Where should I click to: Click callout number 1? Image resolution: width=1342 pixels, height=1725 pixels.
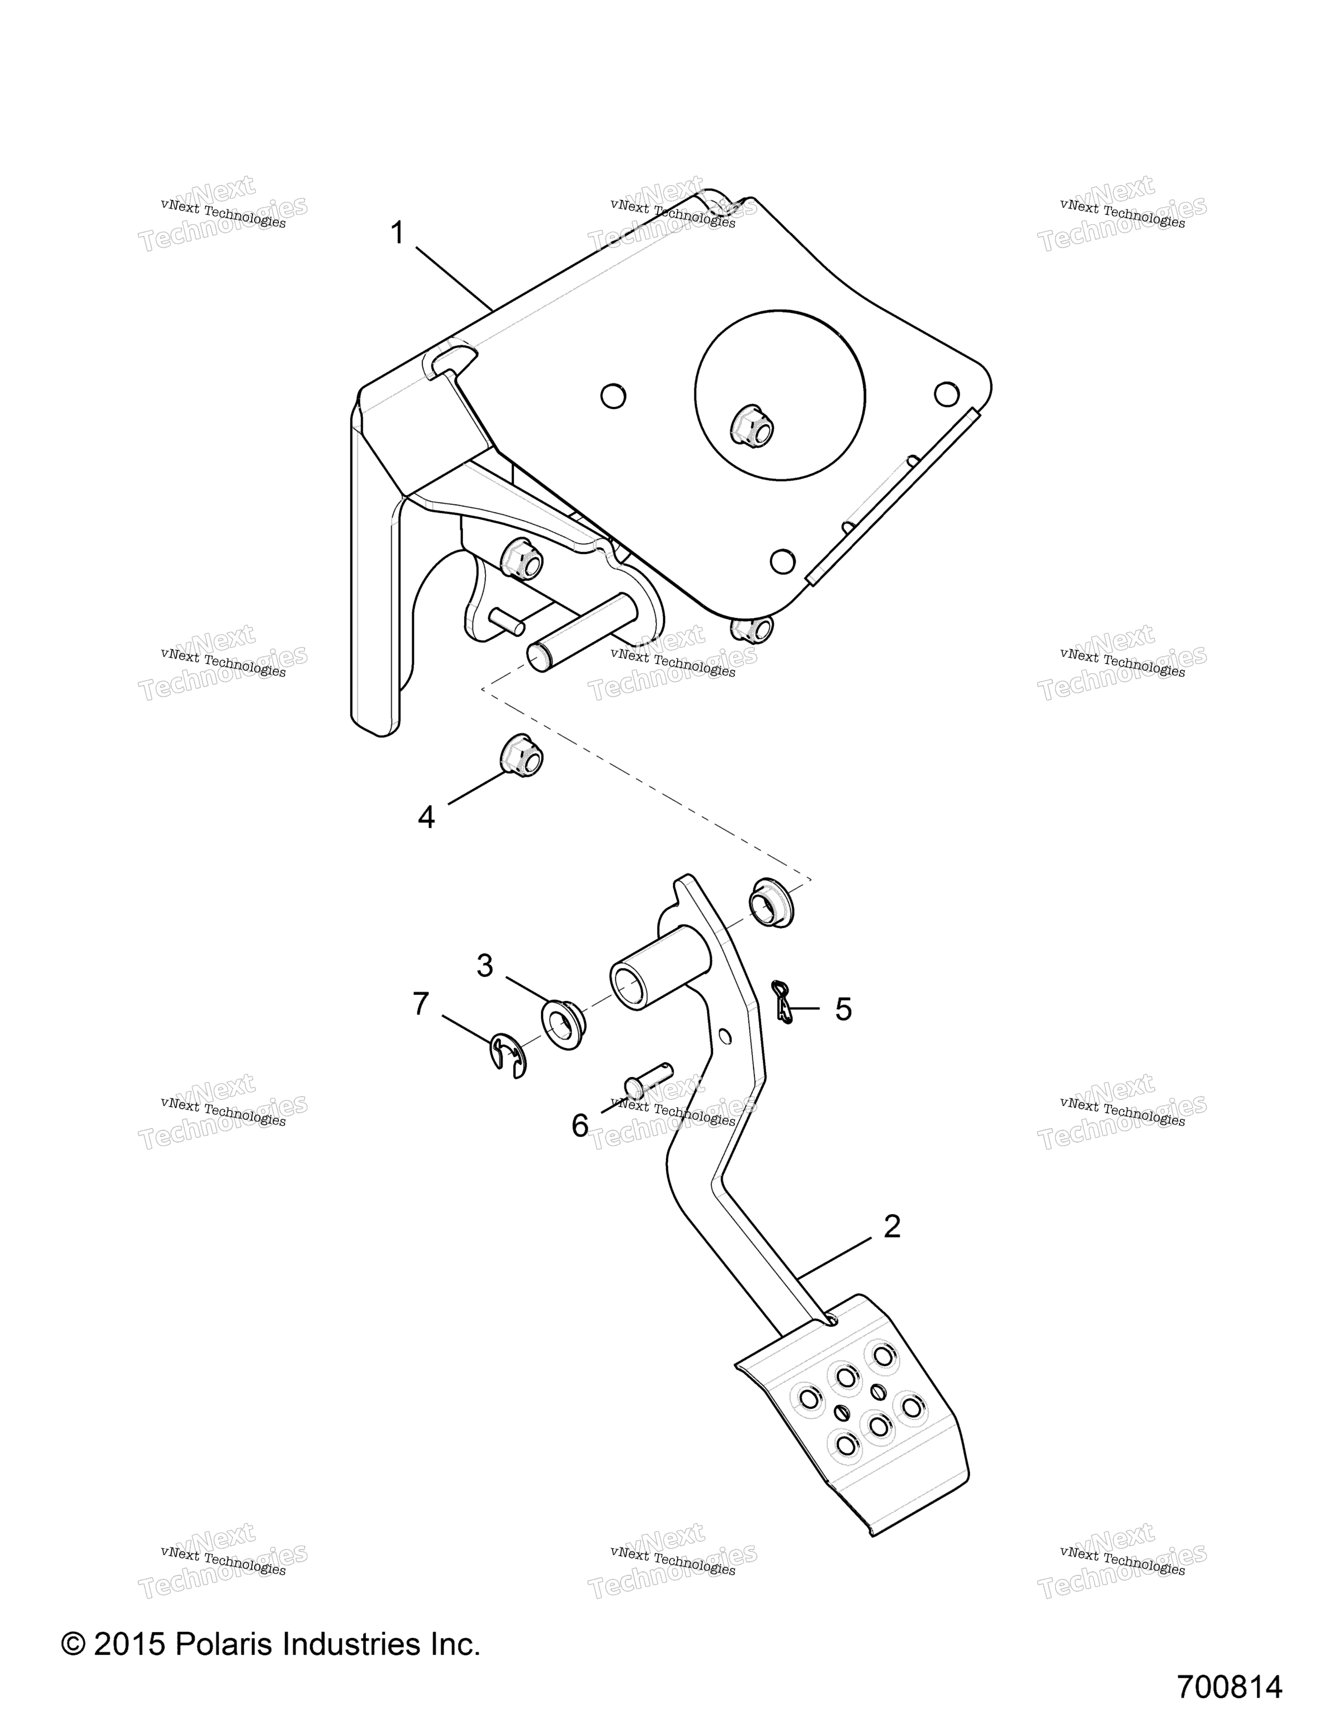[397, 234]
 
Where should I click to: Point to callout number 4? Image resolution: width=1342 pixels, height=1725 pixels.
[426, 817]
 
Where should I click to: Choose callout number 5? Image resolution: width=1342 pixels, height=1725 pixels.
[844, 1009]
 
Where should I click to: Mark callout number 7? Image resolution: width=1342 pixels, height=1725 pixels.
[420, 1004]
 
